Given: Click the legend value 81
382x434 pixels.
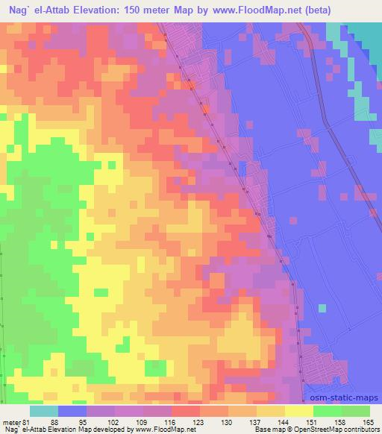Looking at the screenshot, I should (x=25, y=424).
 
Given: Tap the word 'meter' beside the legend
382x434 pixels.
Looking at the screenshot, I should (x=11, y=424).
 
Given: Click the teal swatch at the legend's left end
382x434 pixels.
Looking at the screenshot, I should (x=44, y=411).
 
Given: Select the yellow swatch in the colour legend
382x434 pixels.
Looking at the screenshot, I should (x=298, y=411).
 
